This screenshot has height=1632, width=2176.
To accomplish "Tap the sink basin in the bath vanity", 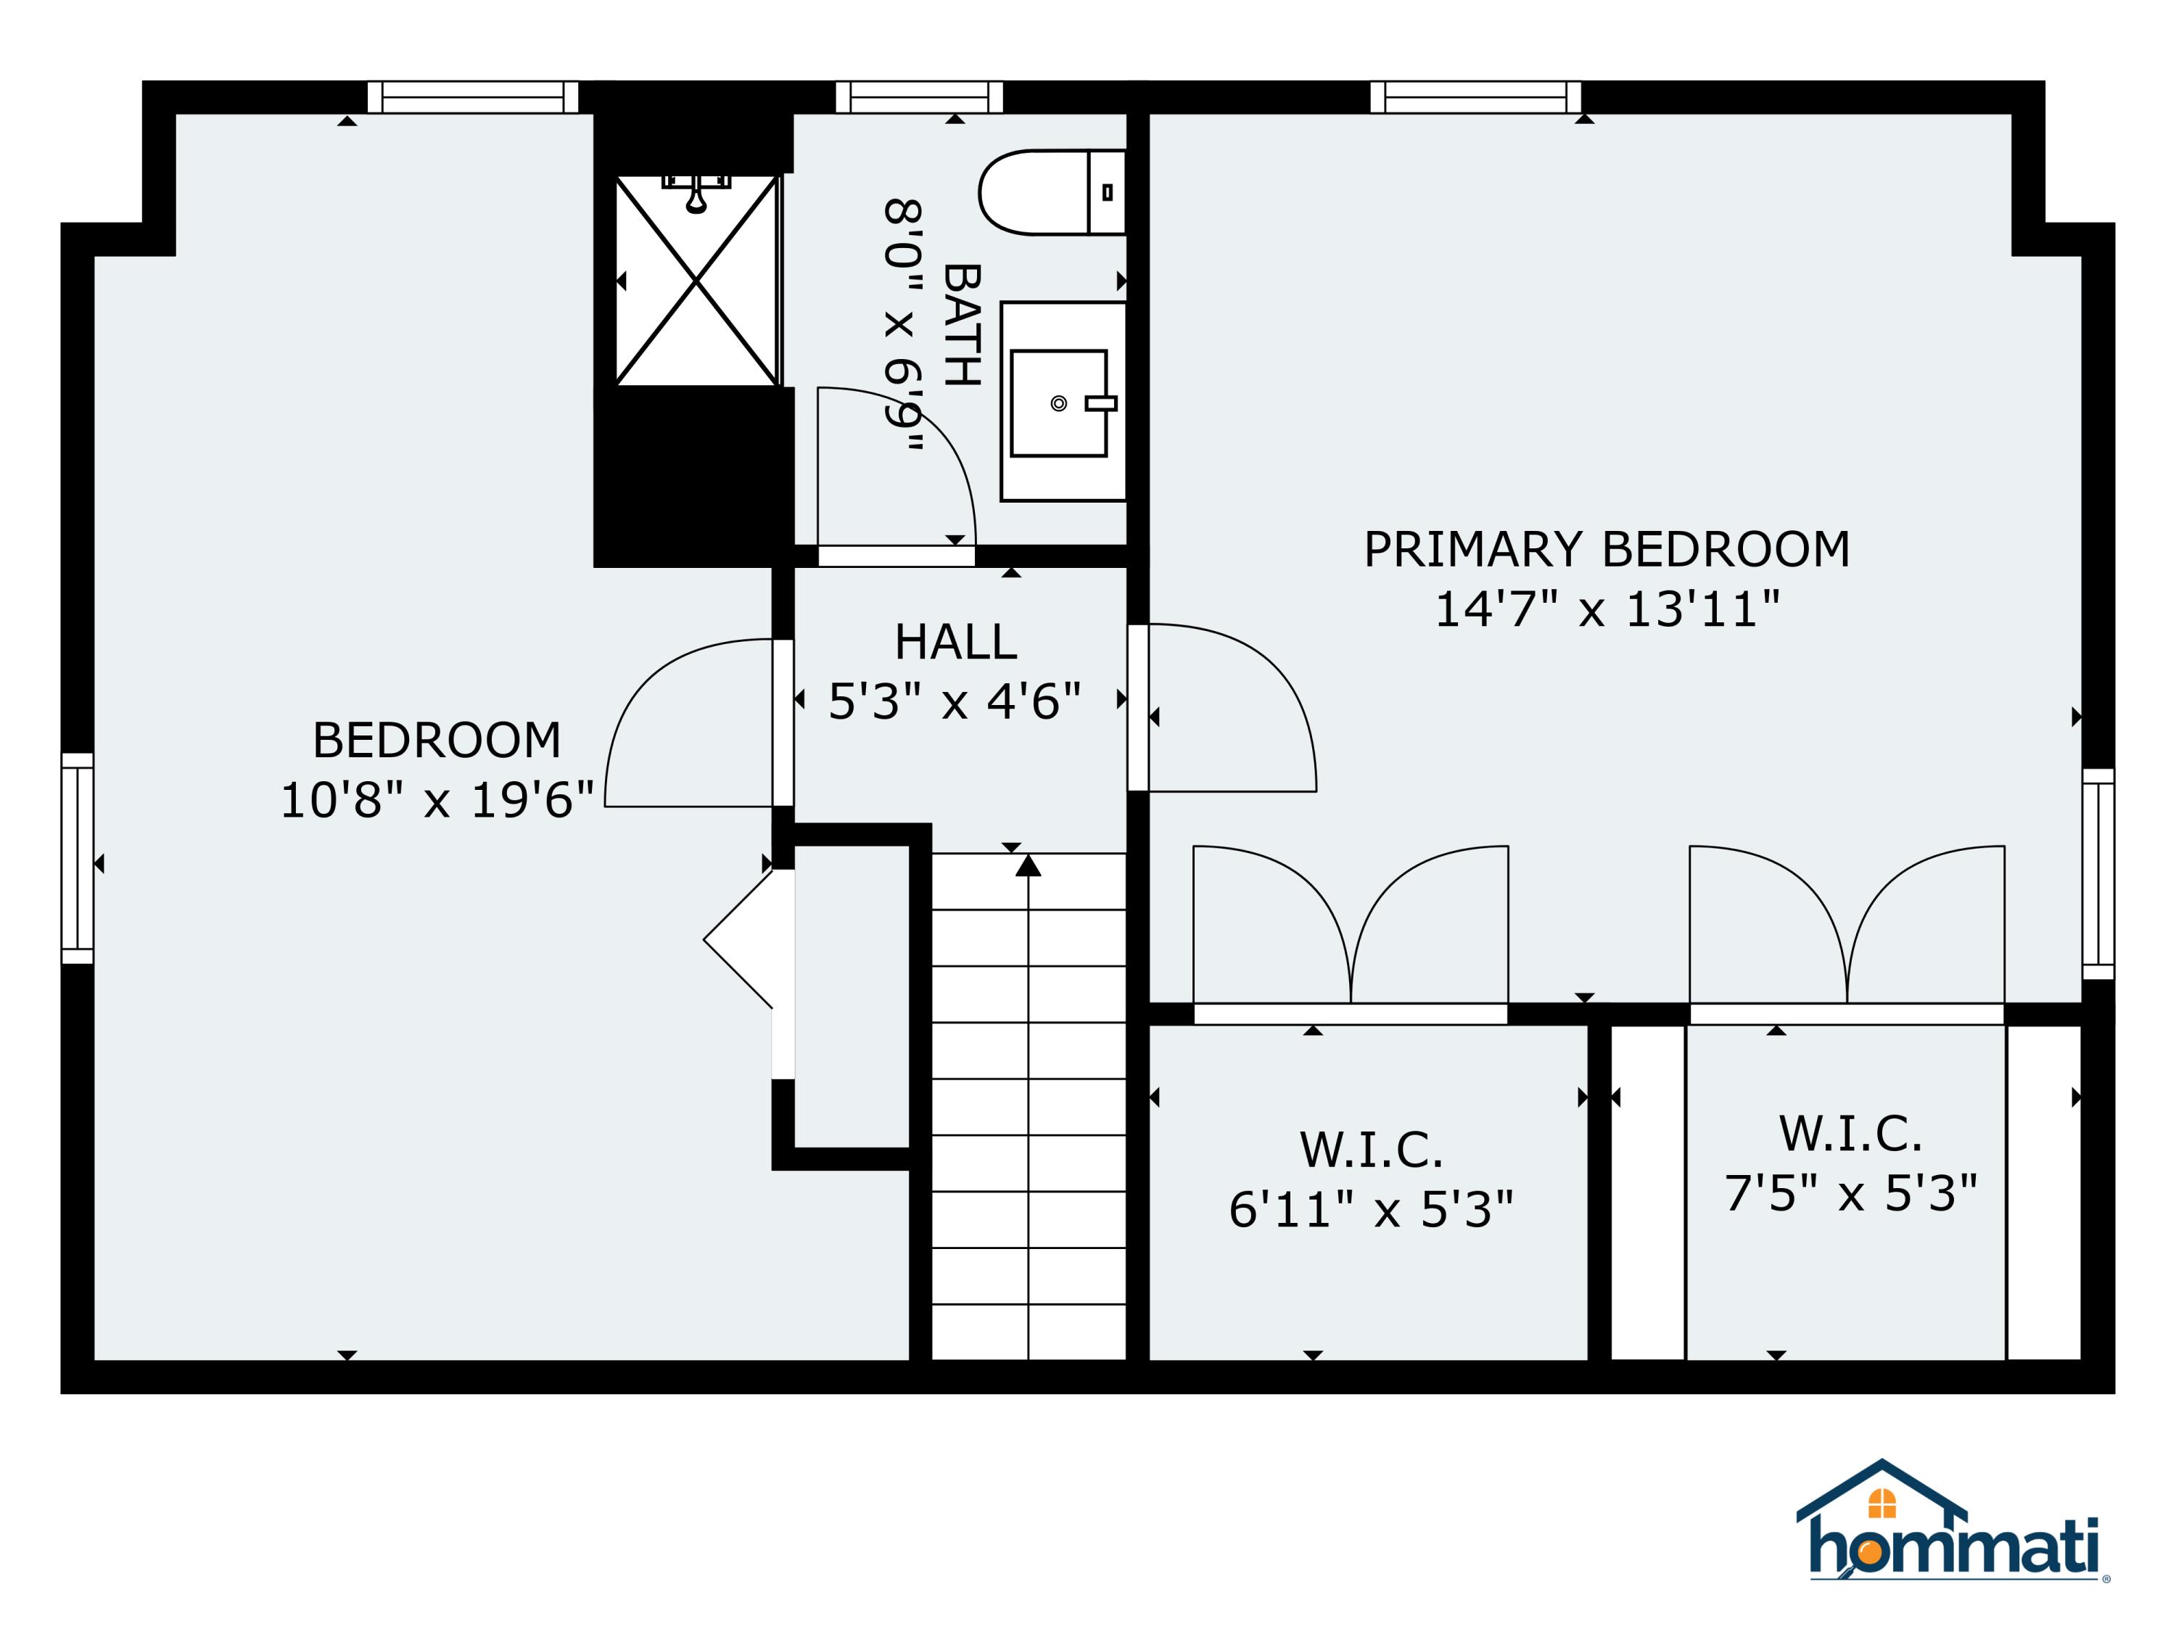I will [1058, 403].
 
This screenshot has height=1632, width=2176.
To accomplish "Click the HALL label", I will [955, 643].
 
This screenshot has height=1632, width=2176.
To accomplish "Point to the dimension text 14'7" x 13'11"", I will [1607, 610].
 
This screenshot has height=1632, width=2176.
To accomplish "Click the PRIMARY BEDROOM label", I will [1607, 550].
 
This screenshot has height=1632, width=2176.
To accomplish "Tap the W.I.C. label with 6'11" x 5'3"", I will [1370, 1150].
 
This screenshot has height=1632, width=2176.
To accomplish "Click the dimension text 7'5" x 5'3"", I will [1850, 1194].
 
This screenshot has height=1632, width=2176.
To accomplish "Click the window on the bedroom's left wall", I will [78, 858].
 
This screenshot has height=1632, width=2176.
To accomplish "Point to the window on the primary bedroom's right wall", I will [2098, 873].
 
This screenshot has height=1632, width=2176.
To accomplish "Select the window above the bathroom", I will [919, 97].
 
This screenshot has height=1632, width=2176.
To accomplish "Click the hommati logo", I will [1953, 1536].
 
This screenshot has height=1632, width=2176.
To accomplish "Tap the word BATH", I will [962, 325].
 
